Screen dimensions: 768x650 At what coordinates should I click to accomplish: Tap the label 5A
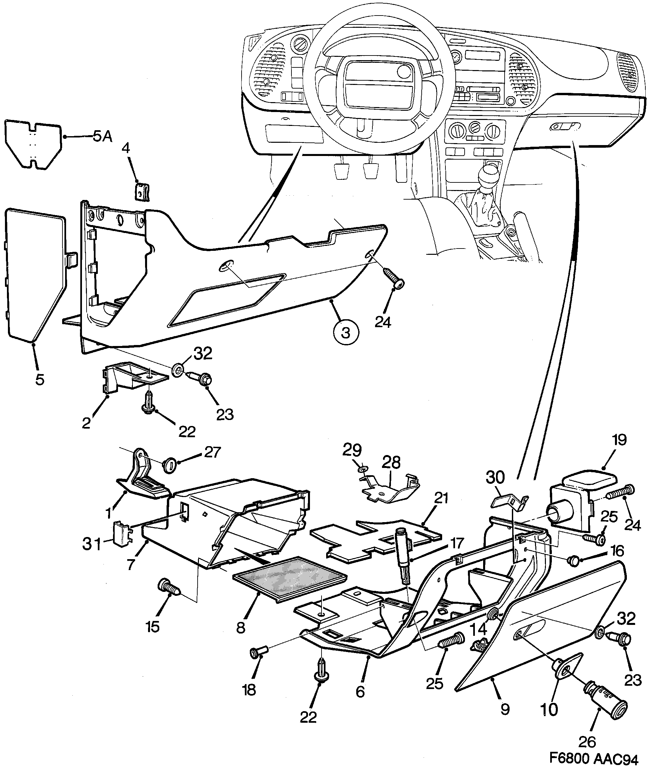pos(102,137)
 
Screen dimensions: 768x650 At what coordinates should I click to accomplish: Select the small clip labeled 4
pos(142,192)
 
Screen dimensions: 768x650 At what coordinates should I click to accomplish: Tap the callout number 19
pos(619,440)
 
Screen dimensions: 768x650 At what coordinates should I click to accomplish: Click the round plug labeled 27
pos(170,465)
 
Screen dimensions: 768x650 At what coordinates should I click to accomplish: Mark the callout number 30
pos(495,478)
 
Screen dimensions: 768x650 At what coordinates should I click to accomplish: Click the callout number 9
pos(505,708)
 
